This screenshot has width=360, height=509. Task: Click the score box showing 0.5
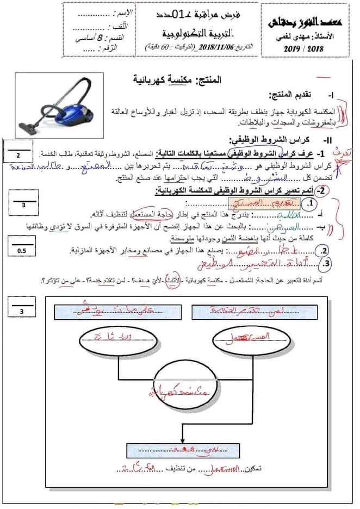tap(21, 251)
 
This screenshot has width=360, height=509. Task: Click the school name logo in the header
tap(307, 21)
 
